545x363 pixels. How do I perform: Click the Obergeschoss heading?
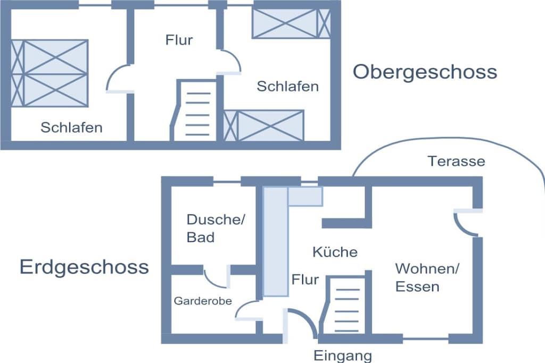(x=425, y=72)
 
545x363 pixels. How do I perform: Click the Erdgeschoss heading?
(x=84, y=267)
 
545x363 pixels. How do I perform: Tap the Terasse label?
(x=456, y=161)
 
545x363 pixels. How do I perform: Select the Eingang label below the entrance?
(x=343, y=356)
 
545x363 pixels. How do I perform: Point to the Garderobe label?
(x=203, y=301)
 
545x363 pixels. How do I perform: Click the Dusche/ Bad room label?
(x=216, y=229)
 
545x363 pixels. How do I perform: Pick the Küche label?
(x=335, y=252)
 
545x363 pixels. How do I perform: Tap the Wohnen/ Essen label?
(x=427, y=277)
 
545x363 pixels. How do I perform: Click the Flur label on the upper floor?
(x=179, y=40)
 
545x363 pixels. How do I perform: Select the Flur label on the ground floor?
(x=305, y=280)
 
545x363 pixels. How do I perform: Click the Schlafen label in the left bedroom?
(x=72, y=128)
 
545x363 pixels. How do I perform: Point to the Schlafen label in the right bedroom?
(x=288, y=87)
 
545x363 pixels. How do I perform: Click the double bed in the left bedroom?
(x=49, y=73)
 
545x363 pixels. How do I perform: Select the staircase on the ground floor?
(x=345, y=306)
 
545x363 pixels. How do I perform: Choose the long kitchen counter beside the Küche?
(x=275, y=241)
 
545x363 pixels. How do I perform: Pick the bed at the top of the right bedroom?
(x=291, y=23)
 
